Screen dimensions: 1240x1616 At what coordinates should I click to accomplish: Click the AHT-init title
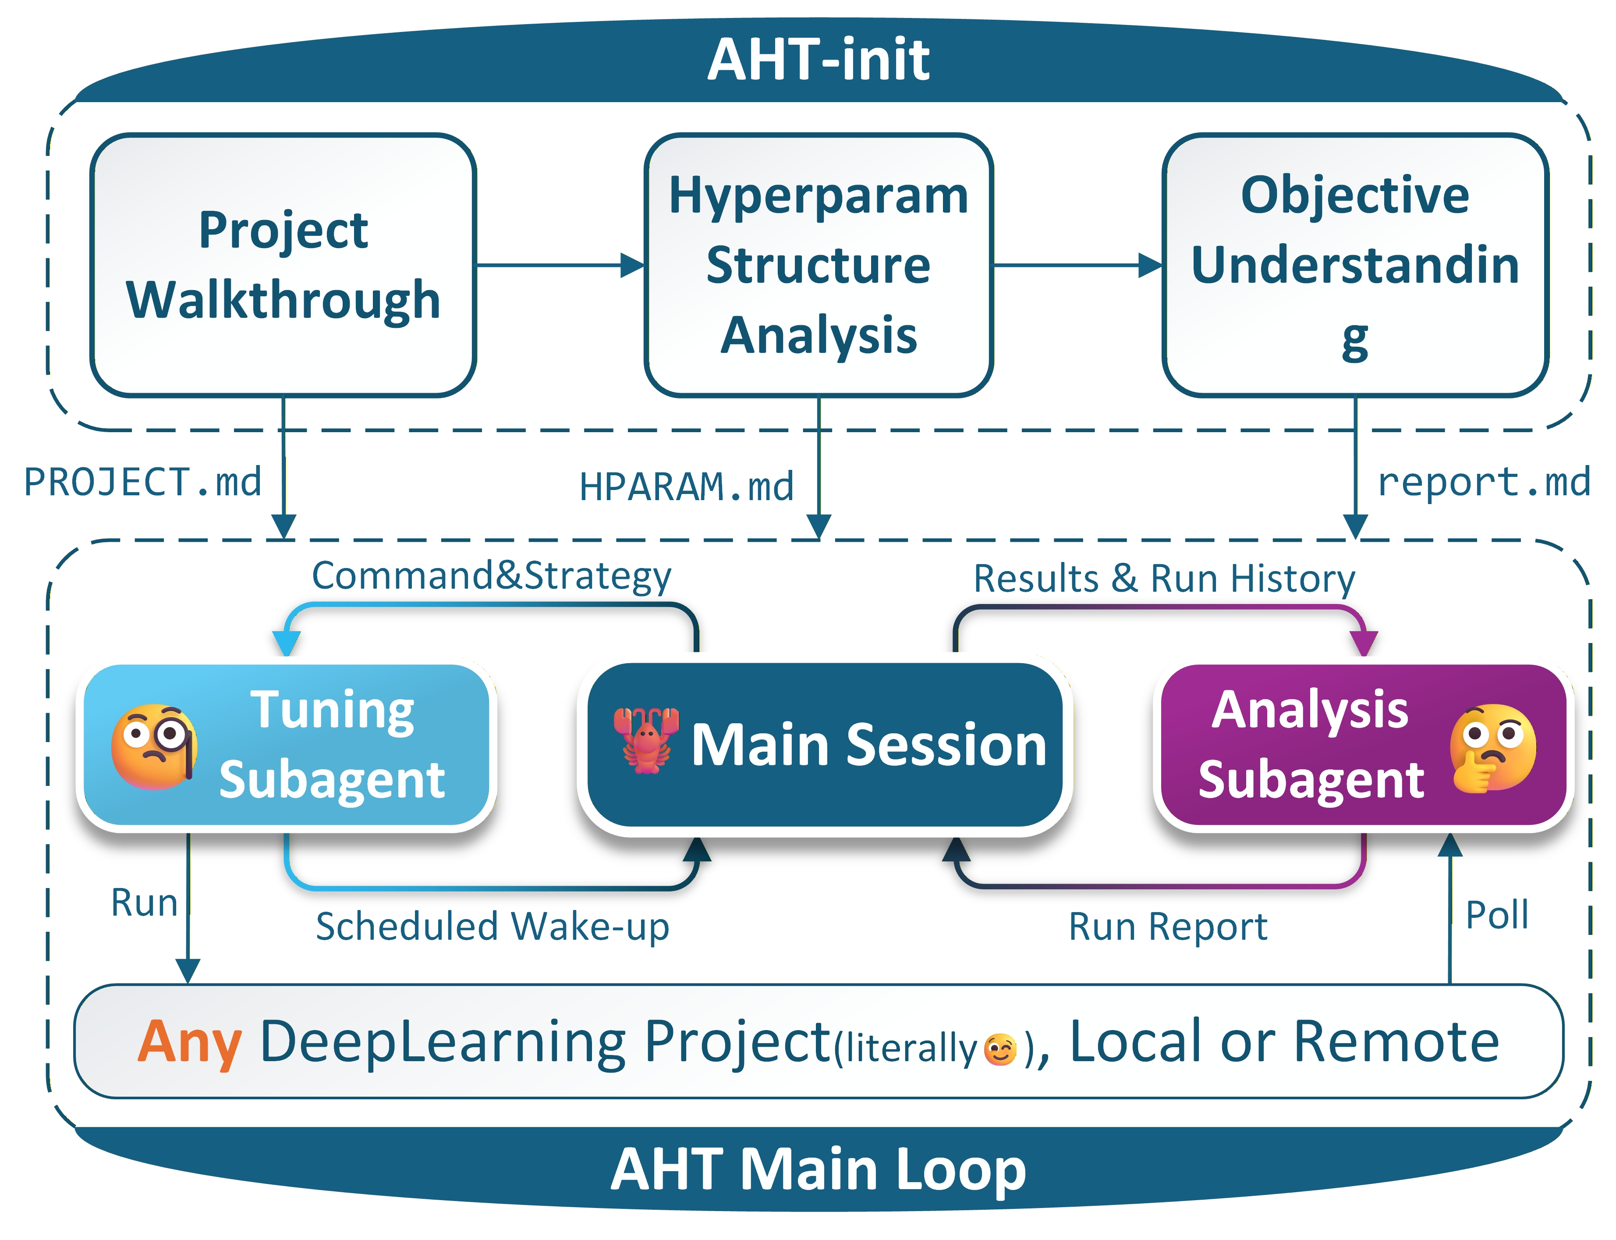click(x=818, y=59)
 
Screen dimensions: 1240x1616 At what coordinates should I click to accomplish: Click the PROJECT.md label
click(x=142, y=482)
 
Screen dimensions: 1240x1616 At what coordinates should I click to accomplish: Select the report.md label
click(x=1483, y=482)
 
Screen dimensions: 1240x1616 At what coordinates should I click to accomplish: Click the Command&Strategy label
click(x=492, y=576)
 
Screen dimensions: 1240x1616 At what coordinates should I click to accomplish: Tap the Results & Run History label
click(x=1164, y=578)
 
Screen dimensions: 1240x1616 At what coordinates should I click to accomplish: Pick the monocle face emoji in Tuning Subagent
click(x=153, y=746)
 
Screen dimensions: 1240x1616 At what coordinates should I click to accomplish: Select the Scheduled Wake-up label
click(x=492, y=926)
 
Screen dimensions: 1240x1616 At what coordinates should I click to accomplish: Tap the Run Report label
click(x=1167, y=926)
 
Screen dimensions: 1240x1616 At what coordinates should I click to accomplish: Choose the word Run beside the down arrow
click(x=144, y=902)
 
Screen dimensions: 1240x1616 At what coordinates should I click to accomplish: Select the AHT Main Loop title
click(x=818, y=1170)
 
